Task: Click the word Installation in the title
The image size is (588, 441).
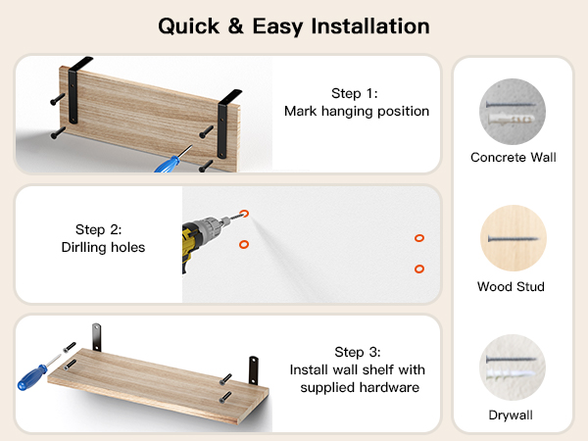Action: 370,26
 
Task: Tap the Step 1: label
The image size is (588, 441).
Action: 355,93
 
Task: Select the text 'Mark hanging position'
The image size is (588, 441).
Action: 357,111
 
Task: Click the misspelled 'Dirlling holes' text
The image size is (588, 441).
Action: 103,247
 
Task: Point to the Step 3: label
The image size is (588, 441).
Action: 358,352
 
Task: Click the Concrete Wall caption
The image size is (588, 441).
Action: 513,157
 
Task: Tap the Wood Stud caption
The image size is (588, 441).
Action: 511,286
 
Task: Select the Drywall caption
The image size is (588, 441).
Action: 511,416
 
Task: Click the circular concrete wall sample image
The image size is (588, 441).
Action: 513,112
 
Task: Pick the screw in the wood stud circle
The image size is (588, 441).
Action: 513,238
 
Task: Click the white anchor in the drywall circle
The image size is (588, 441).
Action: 510,374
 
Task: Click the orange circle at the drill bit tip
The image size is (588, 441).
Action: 244,214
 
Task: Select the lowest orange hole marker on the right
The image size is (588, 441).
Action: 419,269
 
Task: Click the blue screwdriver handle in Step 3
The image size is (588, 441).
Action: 32,377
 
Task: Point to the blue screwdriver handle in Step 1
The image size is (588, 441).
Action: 168,166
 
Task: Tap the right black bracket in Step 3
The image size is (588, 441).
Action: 254,370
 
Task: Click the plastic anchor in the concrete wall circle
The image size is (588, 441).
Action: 512,119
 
